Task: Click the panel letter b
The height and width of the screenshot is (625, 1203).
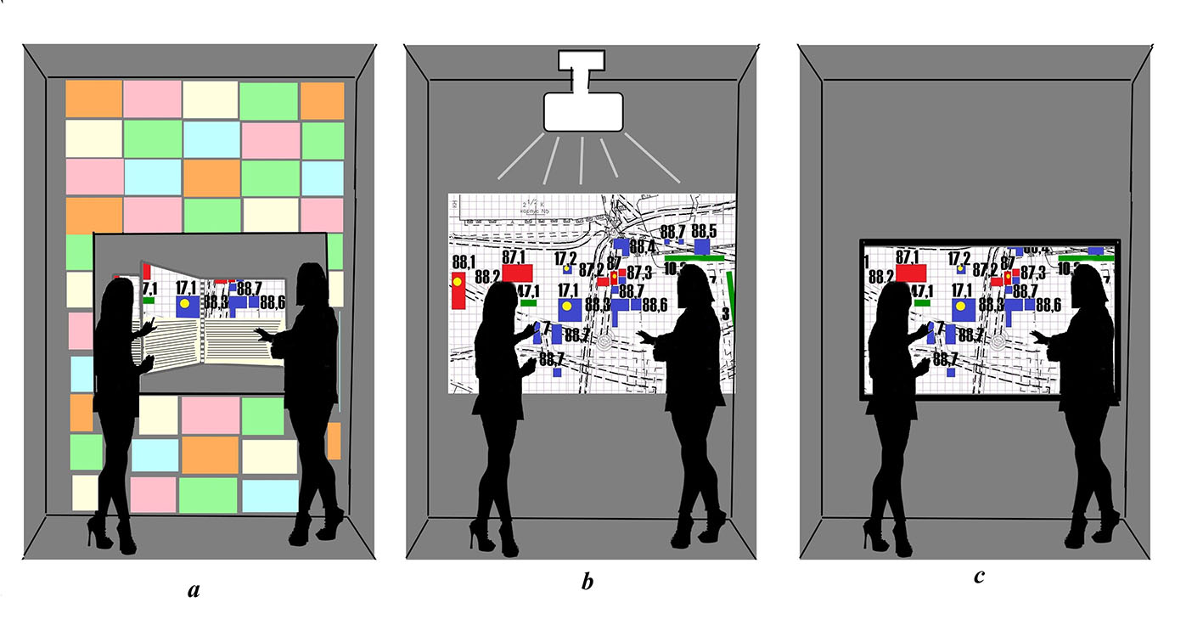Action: tap(587, 583)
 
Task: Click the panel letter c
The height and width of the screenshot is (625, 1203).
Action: tap(979, 577)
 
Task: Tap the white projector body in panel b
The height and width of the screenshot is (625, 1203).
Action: tap(583, 111)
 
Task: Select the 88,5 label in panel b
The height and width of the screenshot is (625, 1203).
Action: tap(703, 231)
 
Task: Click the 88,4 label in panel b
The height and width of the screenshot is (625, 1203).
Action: tap(642, 247)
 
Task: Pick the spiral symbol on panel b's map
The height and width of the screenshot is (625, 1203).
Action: tap(604, 343)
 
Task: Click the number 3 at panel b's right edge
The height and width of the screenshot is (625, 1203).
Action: tap(725, 314)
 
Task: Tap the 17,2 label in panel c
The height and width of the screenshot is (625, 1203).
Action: tap(959, 257)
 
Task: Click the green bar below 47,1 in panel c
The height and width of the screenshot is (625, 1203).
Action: tap(922, 301)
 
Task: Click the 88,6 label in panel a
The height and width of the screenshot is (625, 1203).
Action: tap(273, 301)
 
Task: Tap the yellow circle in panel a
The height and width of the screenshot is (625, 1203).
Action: tap(184, 304)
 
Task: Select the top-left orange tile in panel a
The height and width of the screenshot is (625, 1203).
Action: tap(93, 99)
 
